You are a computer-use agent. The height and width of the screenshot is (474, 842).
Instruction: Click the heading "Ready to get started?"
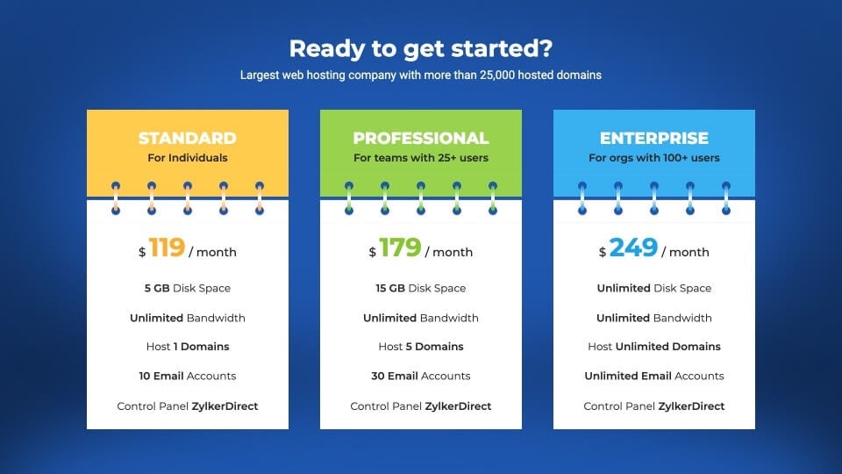coord(420,49)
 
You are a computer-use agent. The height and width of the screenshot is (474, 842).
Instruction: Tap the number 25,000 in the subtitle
coord(497,75)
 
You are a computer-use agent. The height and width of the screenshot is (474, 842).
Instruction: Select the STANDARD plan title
coord(188,138)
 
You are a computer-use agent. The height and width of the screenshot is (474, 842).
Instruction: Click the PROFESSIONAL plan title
coord(420,138)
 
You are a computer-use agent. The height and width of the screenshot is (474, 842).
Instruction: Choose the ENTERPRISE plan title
coord(654,138)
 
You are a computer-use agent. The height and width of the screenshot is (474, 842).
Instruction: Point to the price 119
coord(167,248)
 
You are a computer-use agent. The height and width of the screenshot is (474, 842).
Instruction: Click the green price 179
coord(400,248)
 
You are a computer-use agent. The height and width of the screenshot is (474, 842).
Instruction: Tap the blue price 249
coord(633,248)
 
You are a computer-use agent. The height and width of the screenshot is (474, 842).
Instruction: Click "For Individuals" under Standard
coord(188,158)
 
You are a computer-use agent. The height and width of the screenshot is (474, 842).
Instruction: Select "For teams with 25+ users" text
coord(420,158)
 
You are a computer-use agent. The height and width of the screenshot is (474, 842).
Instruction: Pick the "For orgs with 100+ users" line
coord(654,158)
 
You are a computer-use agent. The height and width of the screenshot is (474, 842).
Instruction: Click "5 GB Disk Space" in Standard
coord(188,288)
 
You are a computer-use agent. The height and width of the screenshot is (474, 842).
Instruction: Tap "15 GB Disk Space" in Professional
coord(420,288)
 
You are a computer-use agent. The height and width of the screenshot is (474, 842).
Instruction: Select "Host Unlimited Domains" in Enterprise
coord(654,347)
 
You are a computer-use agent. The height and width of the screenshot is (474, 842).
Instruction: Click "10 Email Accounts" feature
coord(188,377)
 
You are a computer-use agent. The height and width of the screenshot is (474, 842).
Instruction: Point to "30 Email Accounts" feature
coord(420,377)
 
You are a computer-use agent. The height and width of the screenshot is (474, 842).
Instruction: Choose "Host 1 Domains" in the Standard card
coord(188,347)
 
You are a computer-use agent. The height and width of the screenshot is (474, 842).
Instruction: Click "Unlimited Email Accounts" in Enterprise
coord(654,377)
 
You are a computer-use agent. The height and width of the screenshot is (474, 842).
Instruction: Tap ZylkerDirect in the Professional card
coord(458,406)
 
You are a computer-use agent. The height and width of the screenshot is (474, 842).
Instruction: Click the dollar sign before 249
coord(603,252)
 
